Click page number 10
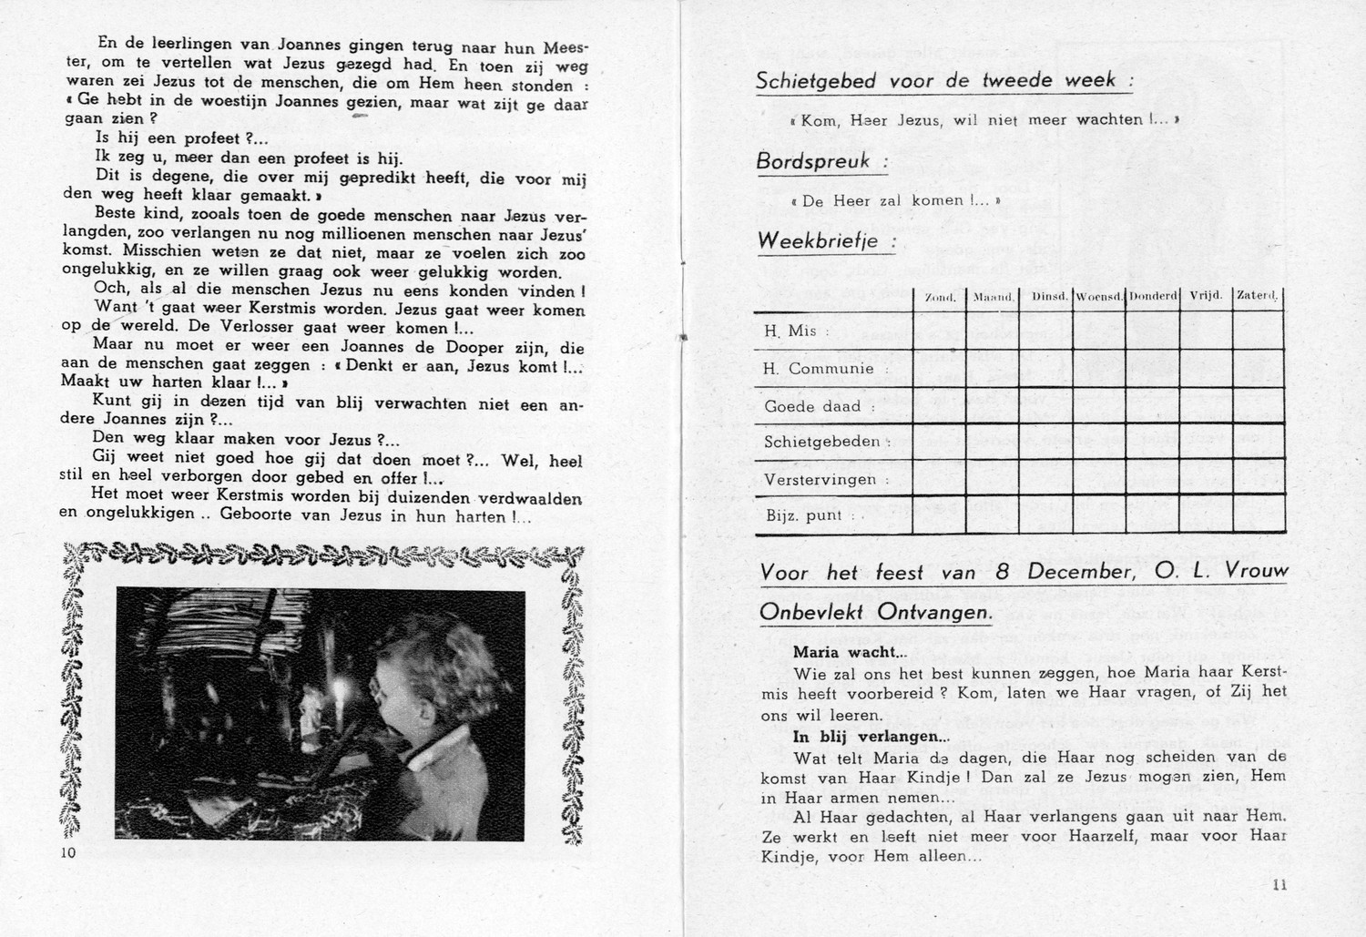[x=69, y=852]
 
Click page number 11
[x=1279, y=884]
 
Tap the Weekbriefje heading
[x=817, y=241]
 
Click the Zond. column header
[x=939, y=298]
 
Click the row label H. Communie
[x=819, y=369]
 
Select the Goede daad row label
[x=813, y=407]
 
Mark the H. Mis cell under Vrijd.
[x=1205, y=331]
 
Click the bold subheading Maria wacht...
[x=849, y=652]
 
